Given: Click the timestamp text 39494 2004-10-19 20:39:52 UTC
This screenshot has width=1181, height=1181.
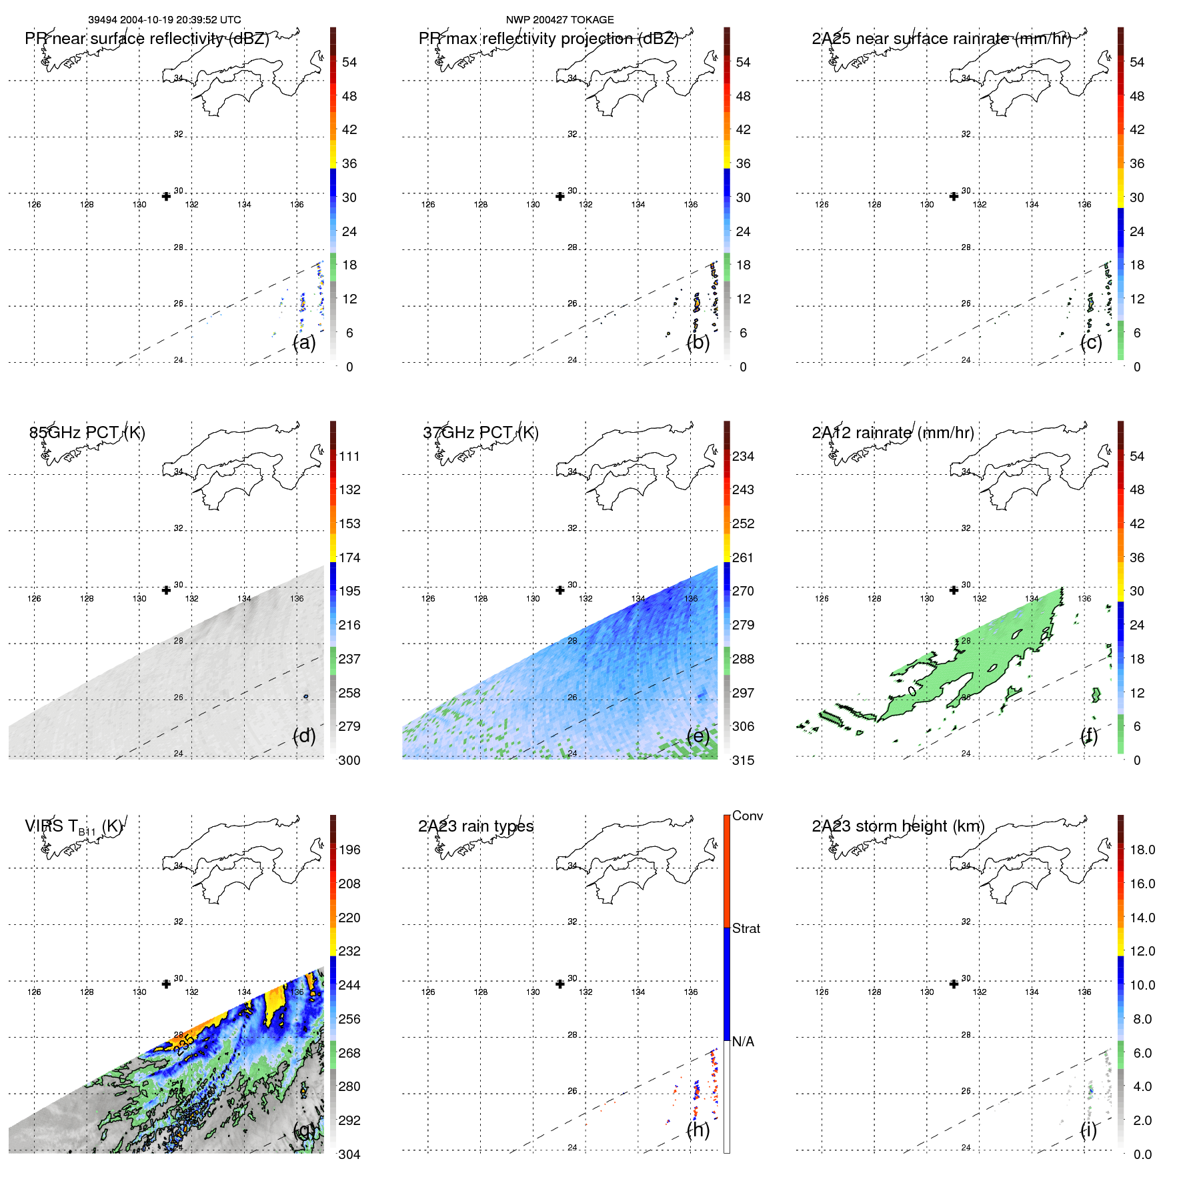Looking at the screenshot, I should [165, 20].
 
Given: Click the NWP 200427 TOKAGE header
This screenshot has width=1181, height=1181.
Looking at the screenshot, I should [559, 20].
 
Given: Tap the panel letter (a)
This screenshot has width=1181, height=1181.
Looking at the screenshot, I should [304, 343].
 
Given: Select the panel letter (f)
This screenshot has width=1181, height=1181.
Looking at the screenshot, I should [1089, 736].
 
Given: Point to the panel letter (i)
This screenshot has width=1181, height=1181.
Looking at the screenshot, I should [1089, 1130].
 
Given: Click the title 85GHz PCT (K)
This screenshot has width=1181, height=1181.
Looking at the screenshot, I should [87, 433].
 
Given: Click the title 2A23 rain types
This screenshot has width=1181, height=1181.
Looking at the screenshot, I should [475, 826].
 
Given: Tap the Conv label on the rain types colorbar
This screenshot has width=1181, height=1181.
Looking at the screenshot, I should [748, 816].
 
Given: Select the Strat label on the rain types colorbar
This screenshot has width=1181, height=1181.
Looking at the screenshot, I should [746, 929].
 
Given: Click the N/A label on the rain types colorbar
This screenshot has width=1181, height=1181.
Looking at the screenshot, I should [744, 1042].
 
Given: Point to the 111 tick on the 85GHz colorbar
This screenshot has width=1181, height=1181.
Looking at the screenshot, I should [349, 457].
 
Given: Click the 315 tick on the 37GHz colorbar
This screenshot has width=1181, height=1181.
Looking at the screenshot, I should [744, 760].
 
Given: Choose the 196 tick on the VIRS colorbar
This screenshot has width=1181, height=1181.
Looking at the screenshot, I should [349, 850].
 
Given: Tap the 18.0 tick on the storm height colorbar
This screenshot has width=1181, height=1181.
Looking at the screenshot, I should [1142, 850].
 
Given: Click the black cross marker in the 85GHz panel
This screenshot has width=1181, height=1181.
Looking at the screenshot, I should [167, 590].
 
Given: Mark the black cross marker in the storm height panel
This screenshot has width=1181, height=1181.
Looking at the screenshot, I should [954, 984].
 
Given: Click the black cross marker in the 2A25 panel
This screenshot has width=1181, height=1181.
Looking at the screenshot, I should [954, 196].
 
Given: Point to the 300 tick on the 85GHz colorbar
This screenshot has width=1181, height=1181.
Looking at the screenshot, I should [349, 760].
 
